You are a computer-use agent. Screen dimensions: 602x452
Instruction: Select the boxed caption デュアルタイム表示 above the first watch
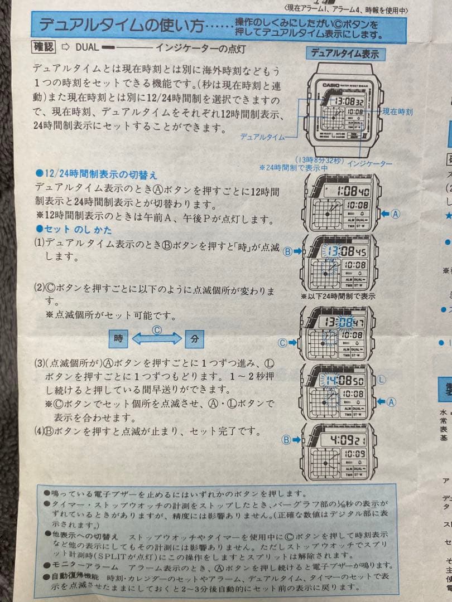coord(344,54)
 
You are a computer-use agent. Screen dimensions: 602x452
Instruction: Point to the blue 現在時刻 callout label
coord(397,112)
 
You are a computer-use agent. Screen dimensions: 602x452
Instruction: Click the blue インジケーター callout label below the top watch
coord(369,164)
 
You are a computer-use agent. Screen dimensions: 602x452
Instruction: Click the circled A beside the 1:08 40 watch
coord(395,213)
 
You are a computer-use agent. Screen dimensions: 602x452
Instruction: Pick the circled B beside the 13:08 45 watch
coord(288,251)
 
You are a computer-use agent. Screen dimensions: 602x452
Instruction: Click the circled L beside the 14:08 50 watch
coord(382,380)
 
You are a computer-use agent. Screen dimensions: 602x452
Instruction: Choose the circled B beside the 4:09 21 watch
coord(287,440)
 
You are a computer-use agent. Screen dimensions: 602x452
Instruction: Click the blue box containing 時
coord(118,338)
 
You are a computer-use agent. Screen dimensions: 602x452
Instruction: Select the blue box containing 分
coord(194,338)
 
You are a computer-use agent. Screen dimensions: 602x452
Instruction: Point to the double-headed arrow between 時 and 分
coord(157,338)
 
